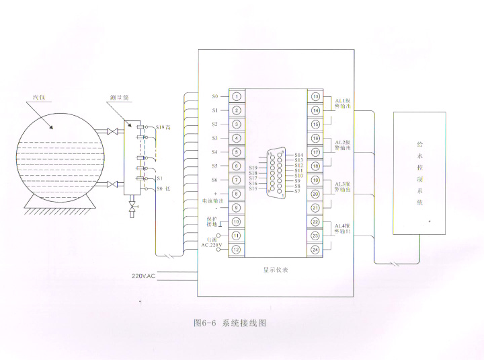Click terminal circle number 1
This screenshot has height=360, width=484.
point(237,96)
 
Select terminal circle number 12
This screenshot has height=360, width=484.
point(237,250)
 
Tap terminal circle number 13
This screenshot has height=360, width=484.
point(316,96)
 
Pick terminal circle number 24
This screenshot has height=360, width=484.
point(316,250)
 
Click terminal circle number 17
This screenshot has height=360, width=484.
point(316,152)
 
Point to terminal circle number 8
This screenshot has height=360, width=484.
point(237,194)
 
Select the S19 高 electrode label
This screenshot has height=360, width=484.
point(164,127)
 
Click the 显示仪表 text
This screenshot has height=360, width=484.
point(276,270)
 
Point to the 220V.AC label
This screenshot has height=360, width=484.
point(143,276)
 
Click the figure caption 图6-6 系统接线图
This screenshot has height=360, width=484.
point(230,323)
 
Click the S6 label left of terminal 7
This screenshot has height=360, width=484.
point(214,180)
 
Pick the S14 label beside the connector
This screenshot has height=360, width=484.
point(299,155)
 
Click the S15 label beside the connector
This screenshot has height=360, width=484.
point(253,188)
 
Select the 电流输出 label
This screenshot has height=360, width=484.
point(213,201)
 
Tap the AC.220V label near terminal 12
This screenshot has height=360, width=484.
point(212,245)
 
